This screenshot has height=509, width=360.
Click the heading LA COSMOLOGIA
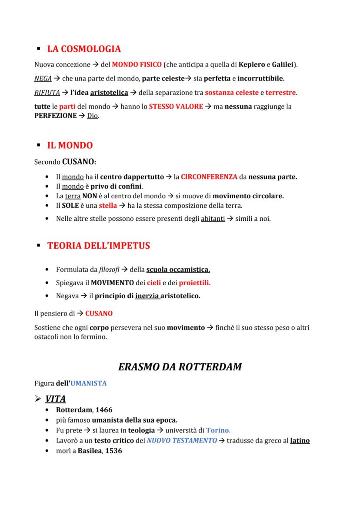(x=84, y=49)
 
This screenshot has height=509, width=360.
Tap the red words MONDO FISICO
(x=137, y=65)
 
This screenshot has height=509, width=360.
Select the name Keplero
(x=251, y=65)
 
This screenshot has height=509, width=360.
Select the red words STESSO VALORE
(x=176, y=106)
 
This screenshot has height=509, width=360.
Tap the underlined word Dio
(x=92, y=116)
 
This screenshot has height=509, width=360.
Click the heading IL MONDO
(x=70, y=145)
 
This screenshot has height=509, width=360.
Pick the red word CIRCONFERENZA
(x=209, y=177)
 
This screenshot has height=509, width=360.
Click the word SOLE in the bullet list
(x=70, y=206)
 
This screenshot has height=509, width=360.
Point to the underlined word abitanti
(x=213, y=219)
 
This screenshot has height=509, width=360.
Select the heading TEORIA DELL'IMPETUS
(x=99, y=246)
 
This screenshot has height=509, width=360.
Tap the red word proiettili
(x=194, y=283)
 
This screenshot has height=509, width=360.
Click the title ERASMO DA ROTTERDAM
(x=180, y=366)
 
